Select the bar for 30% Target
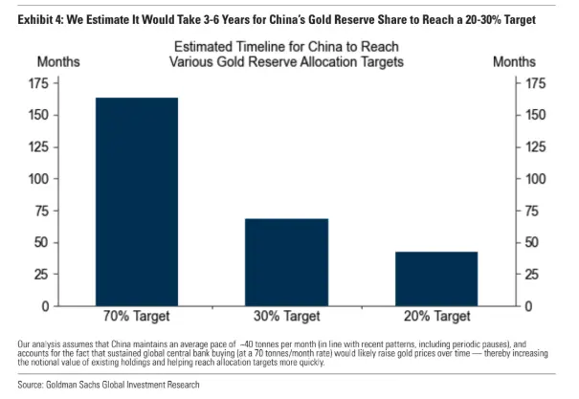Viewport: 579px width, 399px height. (286, 262)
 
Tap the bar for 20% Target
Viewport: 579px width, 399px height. (436, 278)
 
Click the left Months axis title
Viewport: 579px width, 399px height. (58, 61)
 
